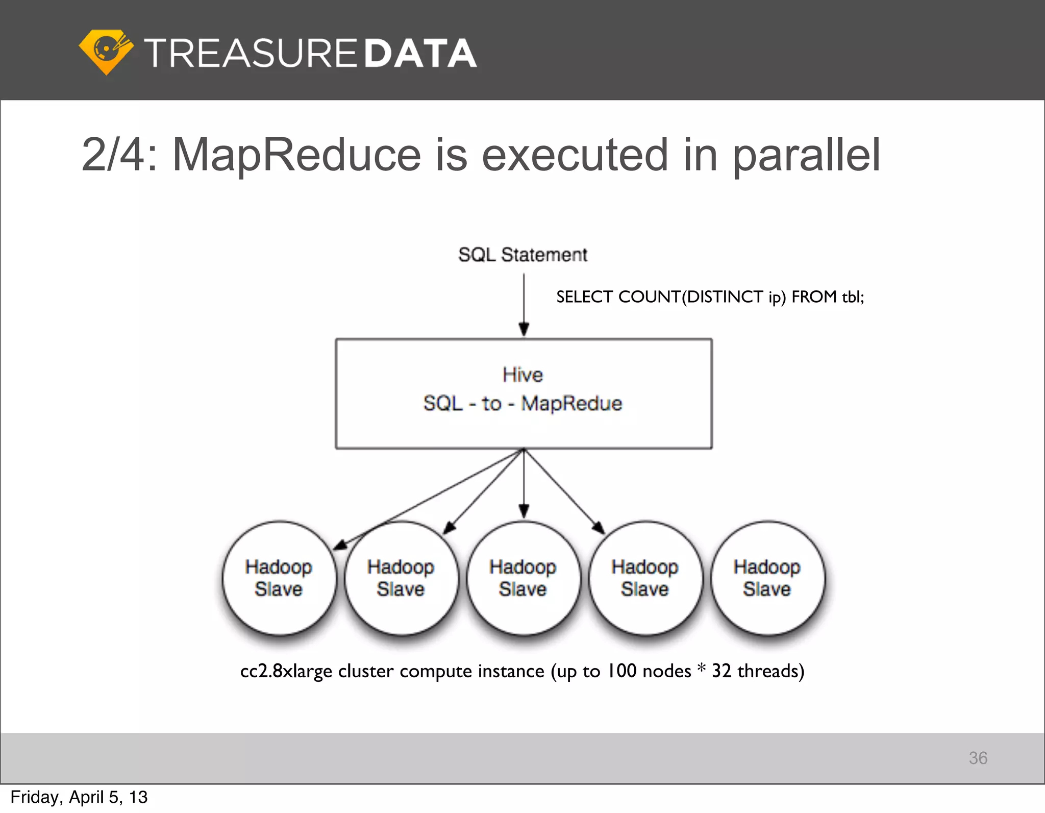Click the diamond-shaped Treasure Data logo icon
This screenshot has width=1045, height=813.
click(106, 52)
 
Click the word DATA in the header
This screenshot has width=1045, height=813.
click(420, 53)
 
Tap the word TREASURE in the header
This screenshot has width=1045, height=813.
click(251, 53)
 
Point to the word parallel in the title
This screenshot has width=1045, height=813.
click(806, 155)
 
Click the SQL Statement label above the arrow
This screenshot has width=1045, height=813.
click(522, 254)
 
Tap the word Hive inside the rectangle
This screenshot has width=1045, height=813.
click(522, 375)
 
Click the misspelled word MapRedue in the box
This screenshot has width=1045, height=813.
click(571, 403)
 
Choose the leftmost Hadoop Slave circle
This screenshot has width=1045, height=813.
click(279, 578)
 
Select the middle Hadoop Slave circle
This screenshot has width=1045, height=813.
click(523, 578)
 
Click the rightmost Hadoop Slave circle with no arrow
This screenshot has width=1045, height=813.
click(767, 578)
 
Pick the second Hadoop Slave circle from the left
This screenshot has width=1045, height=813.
click(401, 578)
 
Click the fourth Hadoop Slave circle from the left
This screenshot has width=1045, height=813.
click(645, 578)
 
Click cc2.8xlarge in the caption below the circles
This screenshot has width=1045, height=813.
click(286, 671)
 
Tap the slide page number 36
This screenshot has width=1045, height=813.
click(978, 758)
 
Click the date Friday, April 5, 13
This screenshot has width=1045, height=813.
click(79, 797)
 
